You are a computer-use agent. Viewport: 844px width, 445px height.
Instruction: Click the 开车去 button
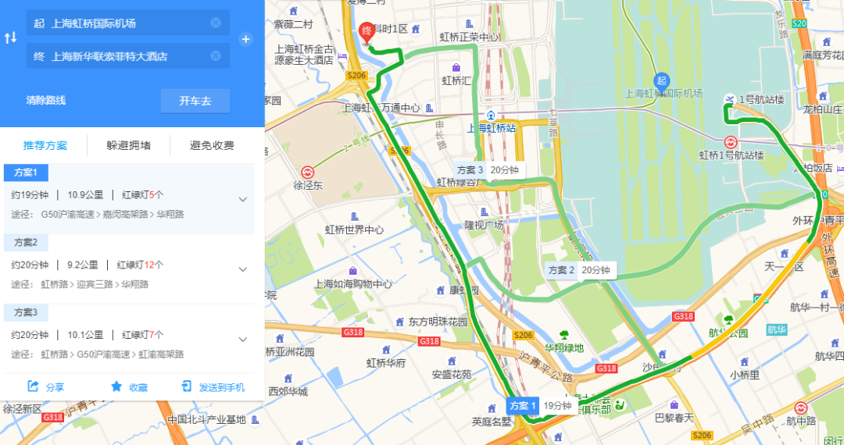point(195,101)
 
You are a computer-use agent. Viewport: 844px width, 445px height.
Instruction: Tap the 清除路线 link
point(45,101)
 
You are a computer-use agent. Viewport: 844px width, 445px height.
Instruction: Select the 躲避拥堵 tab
point(129,145)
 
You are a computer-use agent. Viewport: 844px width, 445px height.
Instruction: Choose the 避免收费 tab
point(212,145)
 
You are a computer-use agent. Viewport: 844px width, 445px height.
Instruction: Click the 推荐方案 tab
point(45,145)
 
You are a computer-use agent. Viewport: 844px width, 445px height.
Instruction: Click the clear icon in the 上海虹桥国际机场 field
point(216,23)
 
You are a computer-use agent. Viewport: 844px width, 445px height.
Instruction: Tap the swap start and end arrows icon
point(11,38)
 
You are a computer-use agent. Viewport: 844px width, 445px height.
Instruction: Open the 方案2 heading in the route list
point(26,242)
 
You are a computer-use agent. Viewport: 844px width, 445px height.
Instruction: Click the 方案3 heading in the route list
point(26,312)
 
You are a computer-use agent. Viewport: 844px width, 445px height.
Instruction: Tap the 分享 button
point(46,386)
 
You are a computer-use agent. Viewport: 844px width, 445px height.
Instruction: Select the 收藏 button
point(129,386)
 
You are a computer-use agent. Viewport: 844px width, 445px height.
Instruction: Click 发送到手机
point(213,386)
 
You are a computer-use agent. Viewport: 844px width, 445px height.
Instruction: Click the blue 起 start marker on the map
point(662,80)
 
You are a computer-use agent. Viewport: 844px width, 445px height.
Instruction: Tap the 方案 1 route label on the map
point(523,406)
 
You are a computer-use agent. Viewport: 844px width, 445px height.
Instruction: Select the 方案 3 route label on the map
point(470,169)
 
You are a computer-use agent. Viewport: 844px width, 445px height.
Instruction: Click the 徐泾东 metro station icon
point(308,173)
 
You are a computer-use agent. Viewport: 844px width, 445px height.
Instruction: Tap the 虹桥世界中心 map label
point(354,230)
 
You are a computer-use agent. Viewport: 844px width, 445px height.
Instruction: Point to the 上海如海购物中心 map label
point(353,284)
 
